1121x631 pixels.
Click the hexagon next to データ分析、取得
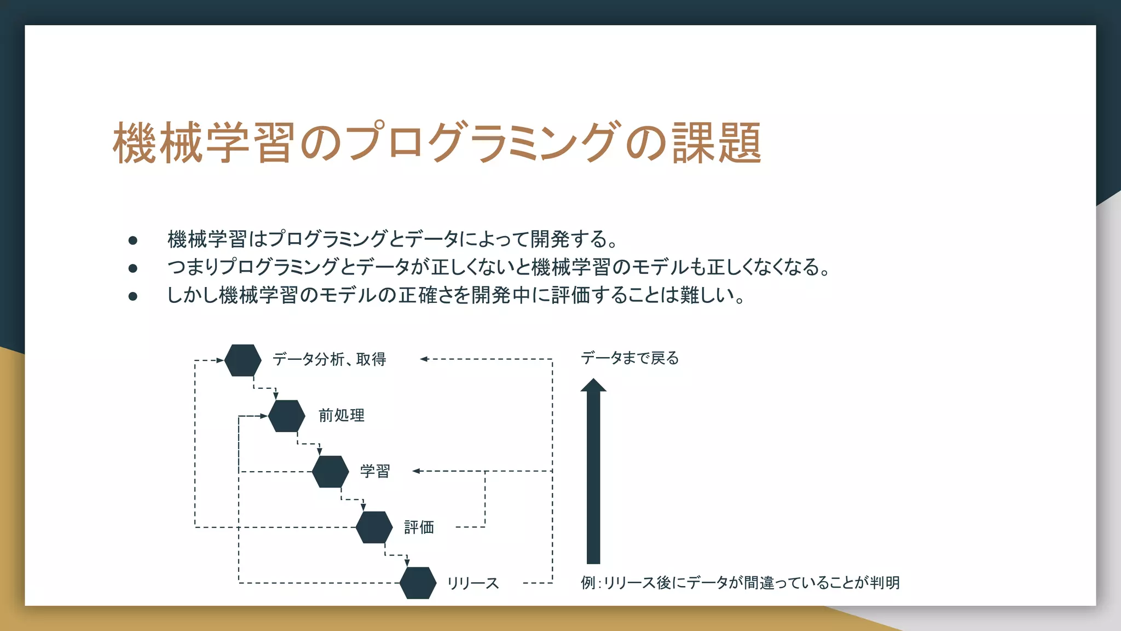(243, 360)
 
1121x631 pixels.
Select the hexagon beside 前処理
(287, 416)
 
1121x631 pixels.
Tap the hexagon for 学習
(331, 472)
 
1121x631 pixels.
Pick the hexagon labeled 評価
(374, 527)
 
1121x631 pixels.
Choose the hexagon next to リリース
(418, 583)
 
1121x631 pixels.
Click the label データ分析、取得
(330, 359)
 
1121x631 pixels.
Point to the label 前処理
(342, 416)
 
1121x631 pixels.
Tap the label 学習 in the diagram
(375, 471)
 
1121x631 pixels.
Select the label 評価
(419, 527)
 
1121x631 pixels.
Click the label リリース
(473, 583)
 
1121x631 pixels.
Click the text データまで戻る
(629, 358)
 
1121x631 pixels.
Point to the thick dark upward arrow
(593, 471)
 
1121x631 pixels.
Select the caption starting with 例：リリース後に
(740, 583)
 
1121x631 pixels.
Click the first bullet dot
(133, 240)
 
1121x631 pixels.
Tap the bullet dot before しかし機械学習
(133, 296)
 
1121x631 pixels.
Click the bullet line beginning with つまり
(498, 267)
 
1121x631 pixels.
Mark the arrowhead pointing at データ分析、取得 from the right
(424, 359)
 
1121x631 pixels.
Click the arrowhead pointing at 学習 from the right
(416, 471)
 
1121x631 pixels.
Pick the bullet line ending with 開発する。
(393, 239)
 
